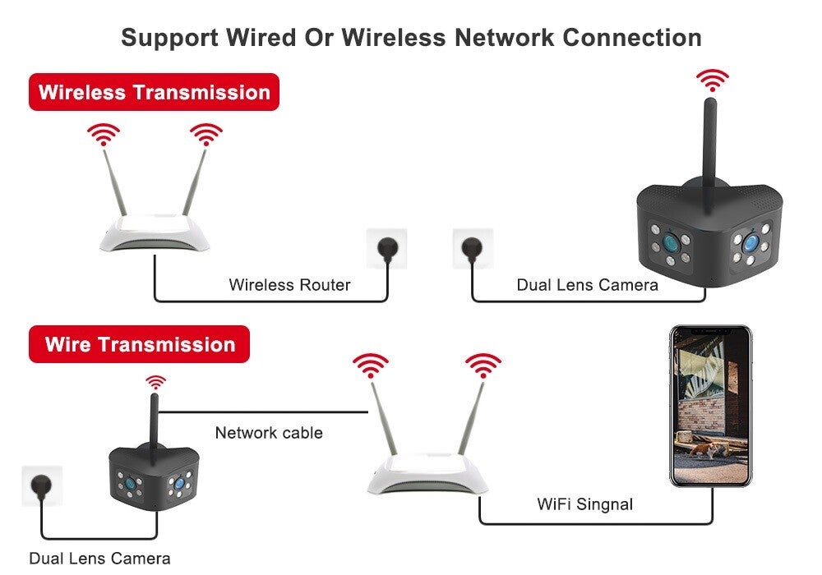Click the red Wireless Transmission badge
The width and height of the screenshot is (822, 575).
154,92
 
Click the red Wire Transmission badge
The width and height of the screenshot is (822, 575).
139,344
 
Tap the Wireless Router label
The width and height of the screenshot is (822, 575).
289,285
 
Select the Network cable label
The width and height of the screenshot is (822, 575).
269,432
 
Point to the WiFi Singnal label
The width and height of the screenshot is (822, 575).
584,504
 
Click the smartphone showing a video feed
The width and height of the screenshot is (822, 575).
711,406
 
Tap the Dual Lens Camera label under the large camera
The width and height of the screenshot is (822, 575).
587,285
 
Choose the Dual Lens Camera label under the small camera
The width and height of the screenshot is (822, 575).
99,559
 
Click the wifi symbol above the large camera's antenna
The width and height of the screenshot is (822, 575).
712,80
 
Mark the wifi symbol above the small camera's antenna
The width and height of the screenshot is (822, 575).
155,382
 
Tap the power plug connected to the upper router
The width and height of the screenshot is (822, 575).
386,247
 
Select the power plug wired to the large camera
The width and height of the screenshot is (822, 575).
473,247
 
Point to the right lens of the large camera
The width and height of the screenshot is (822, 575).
749,243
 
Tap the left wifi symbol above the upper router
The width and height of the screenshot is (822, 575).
104,134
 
